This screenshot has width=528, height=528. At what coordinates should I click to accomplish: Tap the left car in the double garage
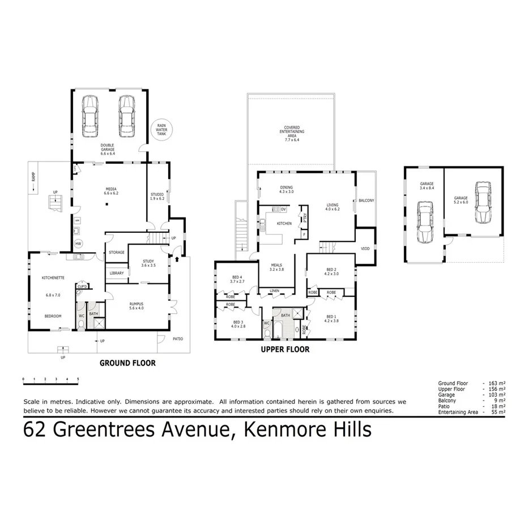[x=90, y=116]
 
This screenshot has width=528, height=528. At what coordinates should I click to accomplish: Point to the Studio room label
[x=157, y=195]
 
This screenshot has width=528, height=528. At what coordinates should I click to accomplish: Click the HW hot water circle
[x=78, y=243]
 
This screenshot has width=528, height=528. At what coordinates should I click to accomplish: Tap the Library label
[x=116, y=273]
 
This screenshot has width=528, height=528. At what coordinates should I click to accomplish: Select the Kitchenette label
[x=53, y=278]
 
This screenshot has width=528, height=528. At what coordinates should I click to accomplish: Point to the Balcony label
[x=366, y=201]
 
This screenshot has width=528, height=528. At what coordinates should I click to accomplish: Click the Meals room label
[x=276, y=267]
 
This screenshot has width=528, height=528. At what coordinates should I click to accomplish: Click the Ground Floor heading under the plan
[x=127, y=363]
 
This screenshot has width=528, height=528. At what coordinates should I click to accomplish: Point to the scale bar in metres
[x=50, y=378]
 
